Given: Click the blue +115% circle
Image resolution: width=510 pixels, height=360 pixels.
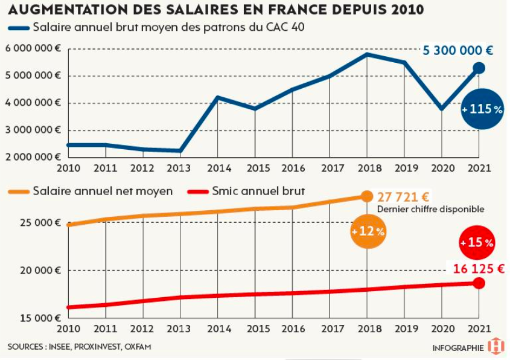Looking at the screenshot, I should coord(482,109).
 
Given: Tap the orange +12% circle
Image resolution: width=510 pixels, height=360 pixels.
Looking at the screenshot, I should coord(368,231).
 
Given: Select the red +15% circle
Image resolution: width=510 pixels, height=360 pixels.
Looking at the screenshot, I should coord(477,242).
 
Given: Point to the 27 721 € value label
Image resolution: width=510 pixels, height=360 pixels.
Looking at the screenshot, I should coord(403,197).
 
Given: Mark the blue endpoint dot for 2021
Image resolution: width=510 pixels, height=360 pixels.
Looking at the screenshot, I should coord(479,68).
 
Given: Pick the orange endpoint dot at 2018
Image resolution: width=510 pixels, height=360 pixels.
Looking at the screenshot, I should coord(366,196).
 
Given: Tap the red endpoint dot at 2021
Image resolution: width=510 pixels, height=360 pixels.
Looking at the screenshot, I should coord(479,283).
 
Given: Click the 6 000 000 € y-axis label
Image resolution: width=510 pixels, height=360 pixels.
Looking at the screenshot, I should coord(33,49).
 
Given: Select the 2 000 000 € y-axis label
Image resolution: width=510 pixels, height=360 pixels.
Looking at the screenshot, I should coord(33,157).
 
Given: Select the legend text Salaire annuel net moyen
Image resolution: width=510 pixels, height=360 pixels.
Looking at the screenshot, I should coord(103,191).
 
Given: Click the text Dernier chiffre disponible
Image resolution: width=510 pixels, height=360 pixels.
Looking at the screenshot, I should coord(430,209).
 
